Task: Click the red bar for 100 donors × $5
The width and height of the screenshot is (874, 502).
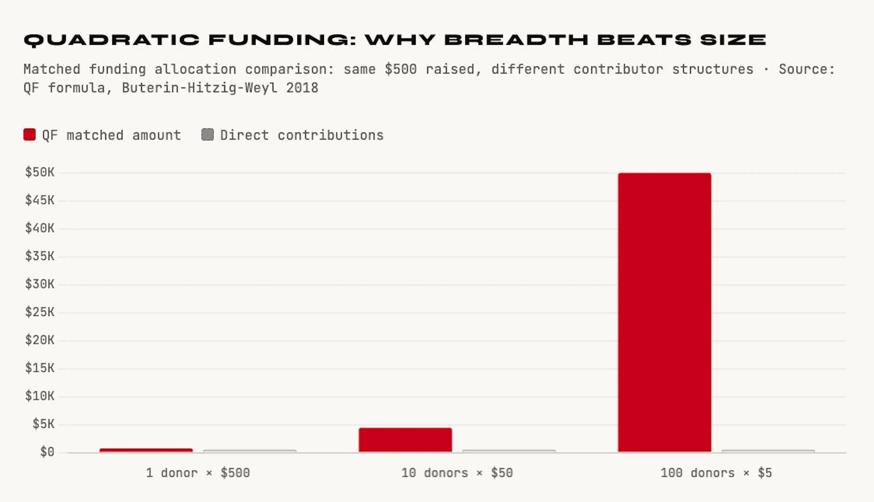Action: (664, 312)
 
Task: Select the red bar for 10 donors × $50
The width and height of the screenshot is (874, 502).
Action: (405, 440)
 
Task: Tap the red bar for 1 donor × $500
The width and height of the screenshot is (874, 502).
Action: (146, 450)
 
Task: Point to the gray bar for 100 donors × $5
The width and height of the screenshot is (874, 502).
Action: (768, 451)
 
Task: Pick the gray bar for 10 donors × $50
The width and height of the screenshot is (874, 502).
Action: (509, 451)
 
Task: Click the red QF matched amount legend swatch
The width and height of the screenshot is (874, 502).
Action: (29, 134)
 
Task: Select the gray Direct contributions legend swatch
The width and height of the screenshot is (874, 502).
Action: (207, 134)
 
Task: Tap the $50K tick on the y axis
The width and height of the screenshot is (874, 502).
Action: (40, 172)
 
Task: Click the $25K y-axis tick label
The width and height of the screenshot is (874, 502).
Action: (40, 312)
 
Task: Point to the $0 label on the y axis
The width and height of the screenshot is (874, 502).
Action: (47, 452)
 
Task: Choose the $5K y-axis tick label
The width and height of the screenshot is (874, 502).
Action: (43, 424)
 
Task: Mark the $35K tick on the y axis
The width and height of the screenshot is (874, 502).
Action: (40, 256)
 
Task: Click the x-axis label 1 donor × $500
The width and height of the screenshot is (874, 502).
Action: (198, 473)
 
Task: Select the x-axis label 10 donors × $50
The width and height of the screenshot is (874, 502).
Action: (457, 473)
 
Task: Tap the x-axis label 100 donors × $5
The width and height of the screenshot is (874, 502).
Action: (716, 473)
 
